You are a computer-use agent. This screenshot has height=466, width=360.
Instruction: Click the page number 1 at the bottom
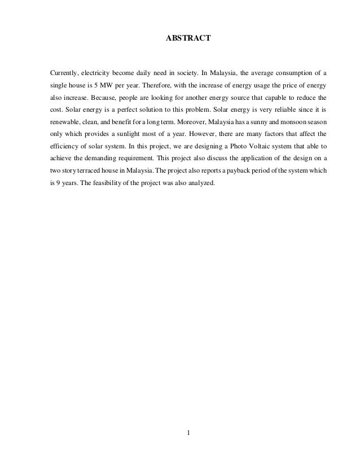point(188,434)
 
